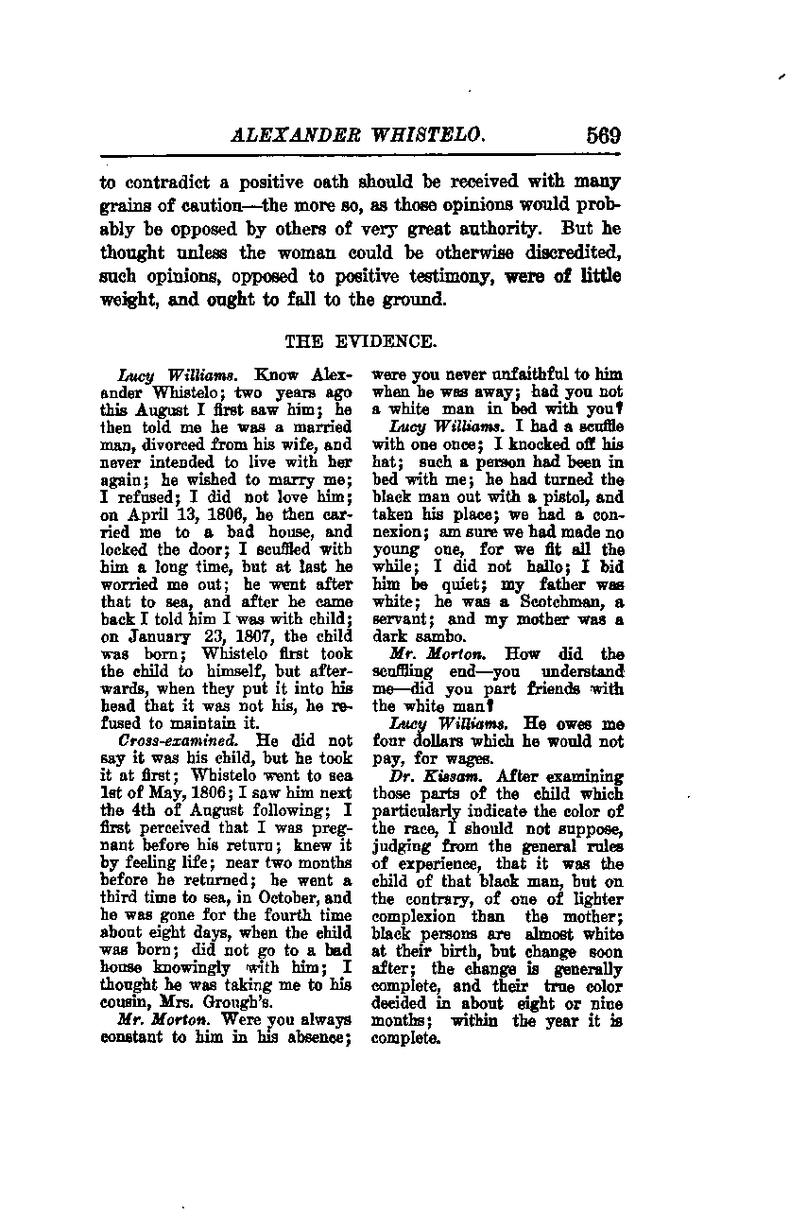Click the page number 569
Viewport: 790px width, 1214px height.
point(603,135)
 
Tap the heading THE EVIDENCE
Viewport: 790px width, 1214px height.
point(361,341)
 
